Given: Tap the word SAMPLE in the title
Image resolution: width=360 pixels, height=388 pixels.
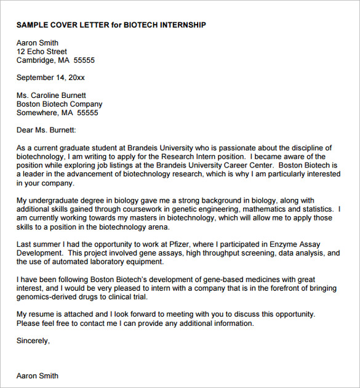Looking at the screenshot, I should [x=31, y=25].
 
